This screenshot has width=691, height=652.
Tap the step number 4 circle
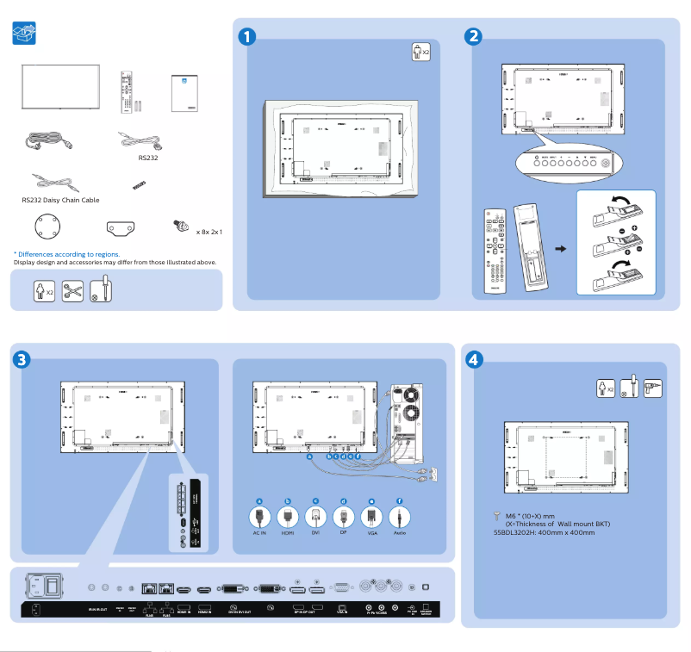point(473,358)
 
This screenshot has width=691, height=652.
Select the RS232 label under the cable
point(148,158)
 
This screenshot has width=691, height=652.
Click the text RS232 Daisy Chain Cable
point(60,200)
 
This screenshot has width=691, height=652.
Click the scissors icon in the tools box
point(72,290)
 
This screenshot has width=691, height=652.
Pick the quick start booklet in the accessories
point(184,93)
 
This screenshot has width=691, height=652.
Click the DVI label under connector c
point(315,534)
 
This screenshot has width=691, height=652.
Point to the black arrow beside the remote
point(560,249)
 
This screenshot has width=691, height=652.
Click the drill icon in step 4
point(652,388)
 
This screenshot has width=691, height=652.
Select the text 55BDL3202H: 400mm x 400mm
point(538,532)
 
